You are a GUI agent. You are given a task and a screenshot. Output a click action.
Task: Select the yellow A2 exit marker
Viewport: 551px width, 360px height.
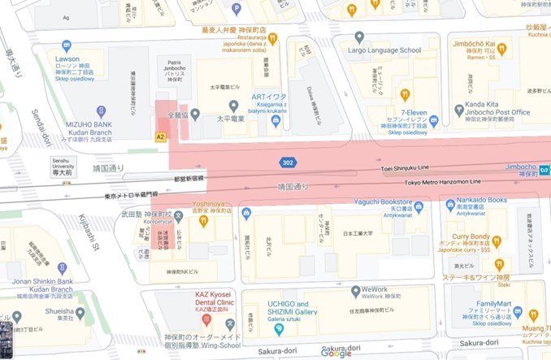pos(160,137)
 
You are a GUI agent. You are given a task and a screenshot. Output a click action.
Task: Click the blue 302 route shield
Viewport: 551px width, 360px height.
pos(288,163)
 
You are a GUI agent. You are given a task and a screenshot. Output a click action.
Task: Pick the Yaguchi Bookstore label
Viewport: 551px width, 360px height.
pos(386,206)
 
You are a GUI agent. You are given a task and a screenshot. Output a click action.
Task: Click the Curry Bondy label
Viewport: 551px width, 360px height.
pos(471,236)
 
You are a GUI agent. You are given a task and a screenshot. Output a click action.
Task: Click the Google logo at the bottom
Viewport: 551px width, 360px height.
pos(336,353)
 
